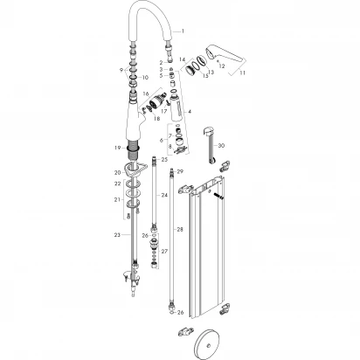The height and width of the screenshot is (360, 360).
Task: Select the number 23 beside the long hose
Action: click(x=116, y=234)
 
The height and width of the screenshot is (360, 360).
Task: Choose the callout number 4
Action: click(x=190, y=113)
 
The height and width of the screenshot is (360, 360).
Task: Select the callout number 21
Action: click(x=116, y=200)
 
